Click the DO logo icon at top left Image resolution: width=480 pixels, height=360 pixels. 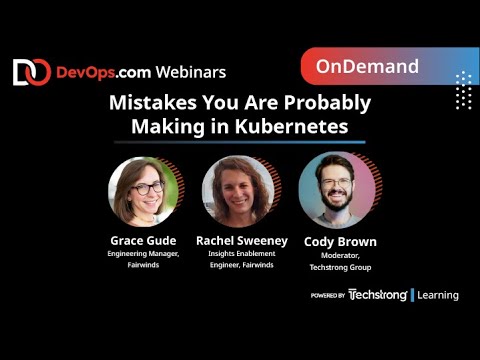31,72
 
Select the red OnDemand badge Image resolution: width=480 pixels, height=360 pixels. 367,67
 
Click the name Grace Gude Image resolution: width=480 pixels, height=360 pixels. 142,241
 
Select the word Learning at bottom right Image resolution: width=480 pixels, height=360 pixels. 438,295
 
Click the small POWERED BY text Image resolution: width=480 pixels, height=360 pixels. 328,296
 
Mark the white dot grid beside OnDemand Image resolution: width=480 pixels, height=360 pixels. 462,90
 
